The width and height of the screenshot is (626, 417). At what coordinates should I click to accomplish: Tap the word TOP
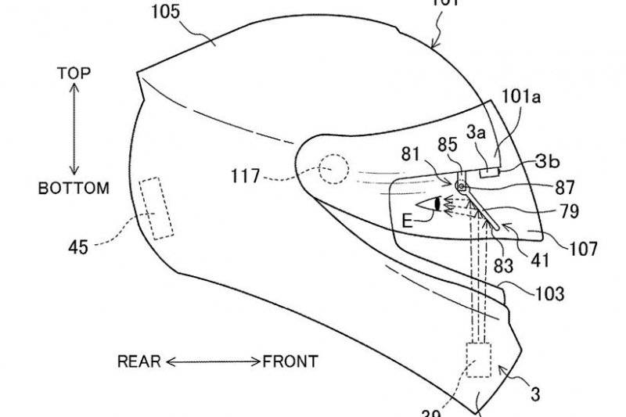(74, 74)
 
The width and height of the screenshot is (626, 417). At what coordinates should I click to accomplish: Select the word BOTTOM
(74, 189)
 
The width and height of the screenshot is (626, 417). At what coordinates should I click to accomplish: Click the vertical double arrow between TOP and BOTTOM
(74, 130)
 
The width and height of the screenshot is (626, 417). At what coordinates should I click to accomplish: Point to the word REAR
(139, 361)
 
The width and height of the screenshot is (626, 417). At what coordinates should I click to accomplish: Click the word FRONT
(290, 361)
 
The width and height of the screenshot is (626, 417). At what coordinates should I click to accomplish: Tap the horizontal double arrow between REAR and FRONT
(212, 361)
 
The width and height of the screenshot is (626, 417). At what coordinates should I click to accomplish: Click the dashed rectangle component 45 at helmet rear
(156, 207)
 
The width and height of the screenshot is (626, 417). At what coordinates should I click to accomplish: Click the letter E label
(407, 221)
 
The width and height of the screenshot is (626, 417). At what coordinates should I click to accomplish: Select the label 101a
(521, 98)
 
